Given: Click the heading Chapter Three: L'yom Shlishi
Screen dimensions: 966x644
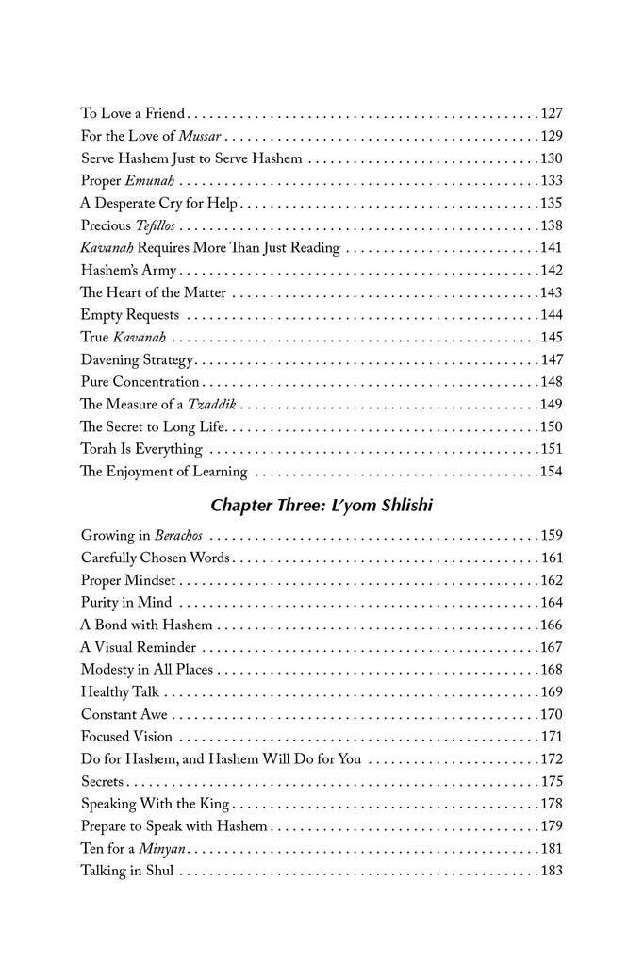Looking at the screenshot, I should point(322,505).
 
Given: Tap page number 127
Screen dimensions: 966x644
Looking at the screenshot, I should point(551,113).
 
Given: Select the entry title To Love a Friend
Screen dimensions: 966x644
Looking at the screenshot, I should point(133,113).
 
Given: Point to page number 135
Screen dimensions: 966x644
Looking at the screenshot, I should point(551,203).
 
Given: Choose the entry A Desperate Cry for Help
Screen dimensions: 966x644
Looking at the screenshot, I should point(159,203).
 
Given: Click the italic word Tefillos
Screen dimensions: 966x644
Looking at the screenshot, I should point(151,225).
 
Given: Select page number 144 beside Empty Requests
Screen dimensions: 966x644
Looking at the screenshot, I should point(551,315).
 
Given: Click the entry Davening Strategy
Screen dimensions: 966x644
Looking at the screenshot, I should point(137,359).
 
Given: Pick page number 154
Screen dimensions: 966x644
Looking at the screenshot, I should point(551,472).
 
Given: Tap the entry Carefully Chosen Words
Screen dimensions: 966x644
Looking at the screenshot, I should point(156,558).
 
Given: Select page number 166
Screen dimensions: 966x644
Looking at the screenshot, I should point(551,625).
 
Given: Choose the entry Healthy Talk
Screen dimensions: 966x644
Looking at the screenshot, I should point(119,691).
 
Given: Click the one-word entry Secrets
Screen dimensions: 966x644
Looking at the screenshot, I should point(103,781).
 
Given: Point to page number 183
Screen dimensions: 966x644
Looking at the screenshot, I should point(551,871).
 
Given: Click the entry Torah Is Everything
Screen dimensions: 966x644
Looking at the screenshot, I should point(141,449).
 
